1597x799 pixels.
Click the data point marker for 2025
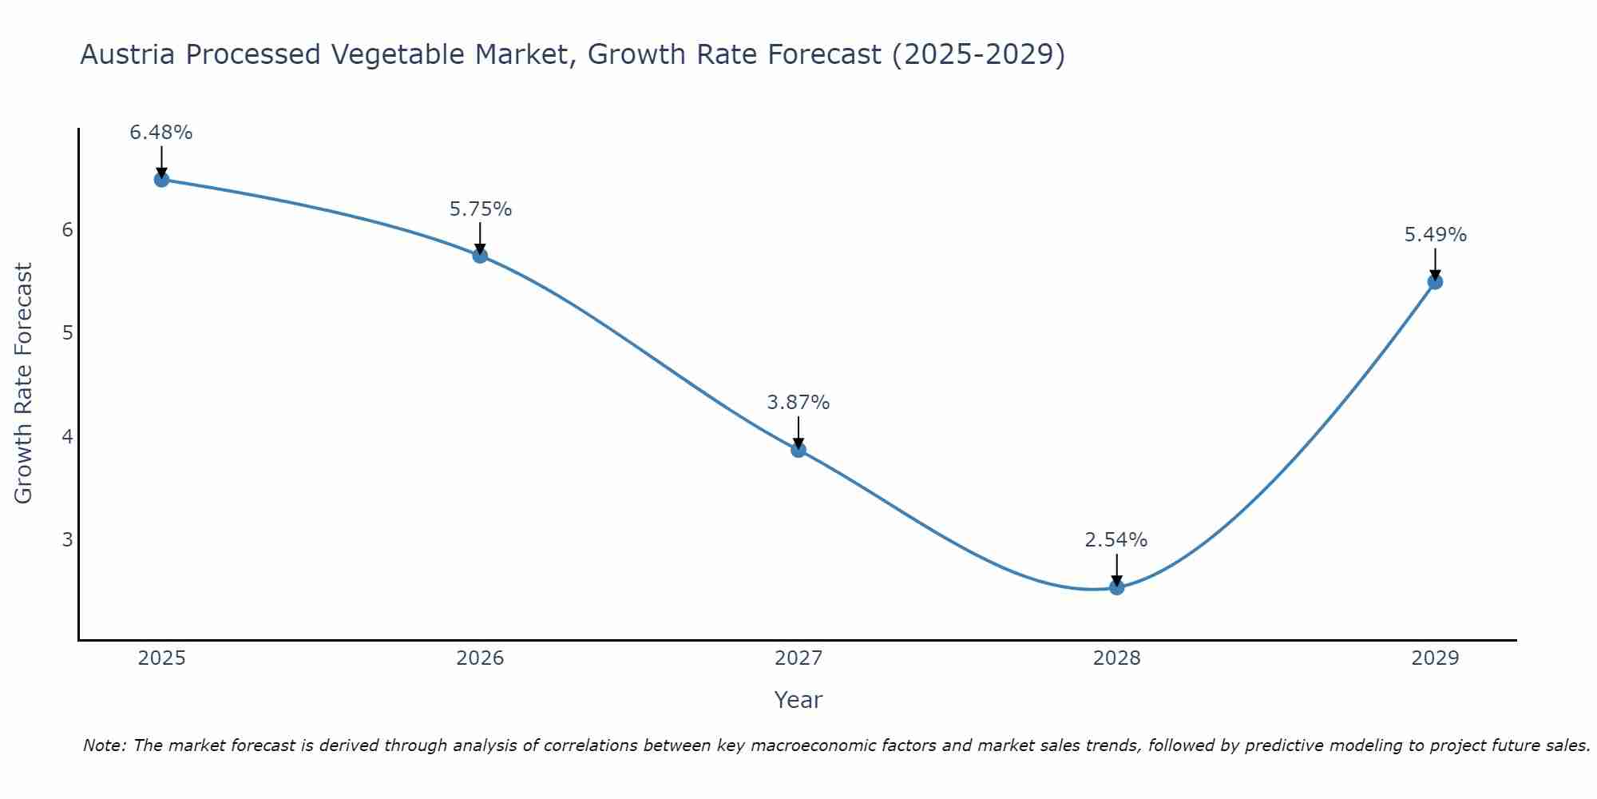pos(161,179)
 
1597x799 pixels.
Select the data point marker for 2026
pos(480,256)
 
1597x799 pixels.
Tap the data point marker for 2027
pos(798,450)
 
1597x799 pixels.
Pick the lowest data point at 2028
pos(1116,587)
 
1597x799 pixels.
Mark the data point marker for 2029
pos(1435,281)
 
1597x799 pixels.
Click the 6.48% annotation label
pos(161,133)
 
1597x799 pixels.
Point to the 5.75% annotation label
pos(480,209)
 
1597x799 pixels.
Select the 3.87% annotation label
pos(798,403)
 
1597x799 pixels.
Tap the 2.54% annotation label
pos(1116,540)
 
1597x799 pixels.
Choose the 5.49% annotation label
pos(1435,235)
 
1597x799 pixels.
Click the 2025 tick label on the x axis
pos(161,658)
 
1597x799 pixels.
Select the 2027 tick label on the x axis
pos(798,658)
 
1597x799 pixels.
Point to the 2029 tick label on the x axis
pos(1435,658)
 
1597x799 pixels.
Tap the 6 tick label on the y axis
pos(67,230)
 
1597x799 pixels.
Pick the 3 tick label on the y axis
pos(67,539)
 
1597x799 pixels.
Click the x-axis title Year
pos(798,700)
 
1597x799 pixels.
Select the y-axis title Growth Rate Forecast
pos(24,384)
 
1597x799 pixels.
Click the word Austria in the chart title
pos(128,54)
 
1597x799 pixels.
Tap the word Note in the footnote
pos(104,745)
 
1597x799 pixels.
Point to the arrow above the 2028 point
pos(1116,570)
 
